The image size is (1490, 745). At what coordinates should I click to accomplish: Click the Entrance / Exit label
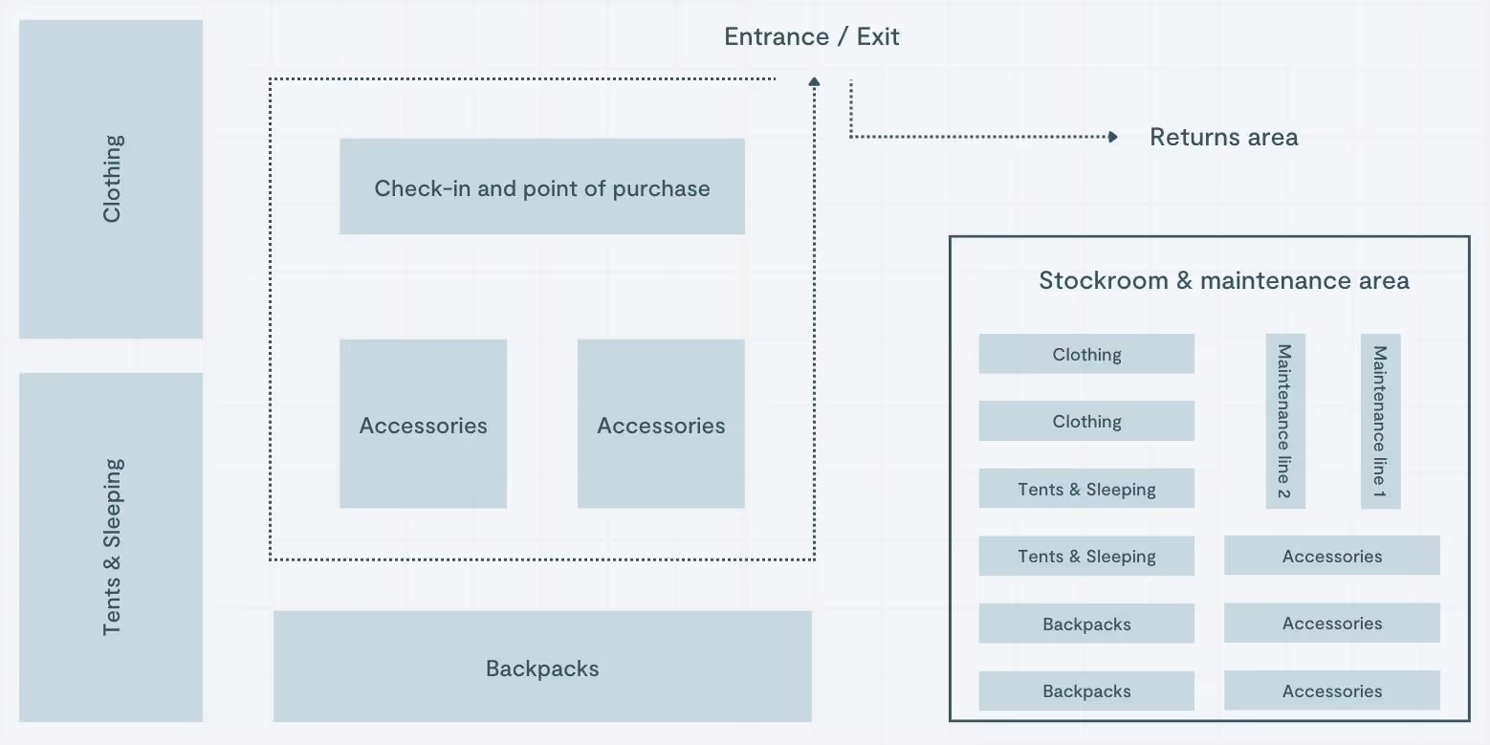pos(811,37)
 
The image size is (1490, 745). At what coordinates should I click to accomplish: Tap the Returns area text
pos(1223,138)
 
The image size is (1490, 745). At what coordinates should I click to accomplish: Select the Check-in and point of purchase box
pos(541,186)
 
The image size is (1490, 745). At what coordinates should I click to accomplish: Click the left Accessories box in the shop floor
pos(423,424)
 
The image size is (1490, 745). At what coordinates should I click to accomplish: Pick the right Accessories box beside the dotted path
pos(661,424)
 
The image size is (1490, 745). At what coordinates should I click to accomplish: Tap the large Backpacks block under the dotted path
pos(542,667)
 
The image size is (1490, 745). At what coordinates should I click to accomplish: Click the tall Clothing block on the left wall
pos(111,179)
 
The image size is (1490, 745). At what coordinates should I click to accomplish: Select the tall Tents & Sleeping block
pos(111,547)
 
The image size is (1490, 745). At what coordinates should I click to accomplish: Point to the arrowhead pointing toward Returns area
pos(1112,137)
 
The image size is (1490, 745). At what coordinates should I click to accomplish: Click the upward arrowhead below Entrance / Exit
pos(814,82)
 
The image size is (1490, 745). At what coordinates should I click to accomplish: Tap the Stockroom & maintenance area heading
pos(1223,281)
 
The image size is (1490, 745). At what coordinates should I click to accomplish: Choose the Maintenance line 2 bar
pos(1284,421)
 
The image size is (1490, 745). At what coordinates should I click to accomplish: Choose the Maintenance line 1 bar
pos(1380,421)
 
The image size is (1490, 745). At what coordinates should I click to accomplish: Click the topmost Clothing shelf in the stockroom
pos(1086,354)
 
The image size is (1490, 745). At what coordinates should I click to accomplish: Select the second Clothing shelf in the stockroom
pos(1086,421)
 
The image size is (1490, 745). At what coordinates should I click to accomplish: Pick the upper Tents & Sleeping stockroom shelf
pos(1086,489)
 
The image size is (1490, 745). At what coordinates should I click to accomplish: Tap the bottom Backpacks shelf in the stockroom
pos(1086,690)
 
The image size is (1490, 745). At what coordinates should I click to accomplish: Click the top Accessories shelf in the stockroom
pos(1331,556)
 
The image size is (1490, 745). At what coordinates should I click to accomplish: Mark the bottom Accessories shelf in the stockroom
pos(1331,690)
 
